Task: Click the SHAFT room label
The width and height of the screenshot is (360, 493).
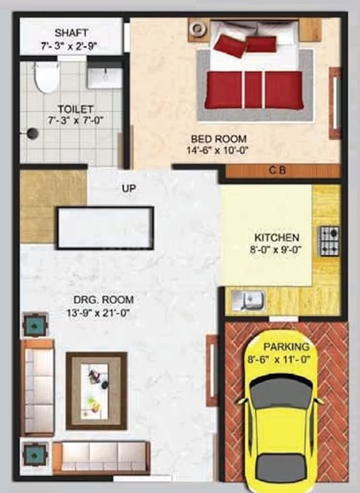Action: (x=71, y=32)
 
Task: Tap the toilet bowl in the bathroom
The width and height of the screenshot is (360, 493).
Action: (x=46, y=77)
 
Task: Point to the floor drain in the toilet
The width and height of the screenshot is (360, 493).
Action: (x=32, y=133)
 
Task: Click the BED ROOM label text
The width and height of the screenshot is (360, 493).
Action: (x=219, y=139)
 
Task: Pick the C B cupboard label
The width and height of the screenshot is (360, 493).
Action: (x=277, y=170)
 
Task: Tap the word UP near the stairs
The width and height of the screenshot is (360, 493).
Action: (x=129, y=188)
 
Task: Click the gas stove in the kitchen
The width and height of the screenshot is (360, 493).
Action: (x=330, y=241)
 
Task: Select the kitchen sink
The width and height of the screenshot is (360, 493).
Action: (x=248, y=300)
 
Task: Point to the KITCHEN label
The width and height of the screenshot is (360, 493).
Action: (x=276, y=237)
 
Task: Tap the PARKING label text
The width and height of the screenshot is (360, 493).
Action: (x=286, y=347)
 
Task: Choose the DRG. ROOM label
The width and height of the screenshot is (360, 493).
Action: (x=104, y=300)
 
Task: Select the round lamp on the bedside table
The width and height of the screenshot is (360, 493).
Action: (x=197, y=29)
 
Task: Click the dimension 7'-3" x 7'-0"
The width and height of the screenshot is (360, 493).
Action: (x=76, y=121)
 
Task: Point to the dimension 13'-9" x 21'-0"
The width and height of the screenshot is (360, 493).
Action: (x=98, y=313)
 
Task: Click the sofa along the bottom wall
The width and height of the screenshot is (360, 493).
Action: (x=101, y=457)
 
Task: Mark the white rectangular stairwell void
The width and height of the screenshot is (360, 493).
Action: (x=105, y=228)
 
